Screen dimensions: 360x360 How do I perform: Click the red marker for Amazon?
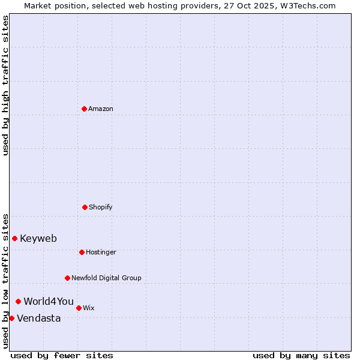tap(84, 109)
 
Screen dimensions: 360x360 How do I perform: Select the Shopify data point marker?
tap(85, 207)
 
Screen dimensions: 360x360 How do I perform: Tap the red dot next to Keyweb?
tap(14, 238)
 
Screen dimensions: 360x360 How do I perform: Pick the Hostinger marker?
tap(82, 252)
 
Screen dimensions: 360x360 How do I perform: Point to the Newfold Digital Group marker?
tap(67, 278)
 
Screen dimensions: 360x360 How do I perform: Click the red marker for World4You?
tap(19, 301)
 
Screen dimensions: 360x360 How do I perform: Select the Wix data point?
tap(79, 308)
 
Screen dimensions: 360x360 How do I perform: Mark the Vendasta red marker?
tap(12, 318)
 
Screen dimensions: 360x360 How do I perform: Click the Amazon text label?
tap(101, 109)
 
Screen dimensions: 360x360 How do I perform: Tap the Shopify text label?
tap(101, 207)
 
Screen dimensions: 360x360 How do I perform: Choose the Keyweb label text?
tap(38, 238)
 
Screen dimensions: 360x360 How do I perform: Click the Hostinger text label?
tap(101, 252)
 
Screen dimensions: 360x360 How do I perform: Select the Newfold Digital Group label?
tap(106, 278)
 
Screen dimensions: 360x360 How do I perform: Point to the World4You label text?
tap(49, 301)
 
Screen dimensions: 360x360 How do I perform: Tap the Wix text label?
tap(89, 308)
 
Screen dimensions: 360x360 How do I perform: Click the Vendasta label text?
tap(39, 318)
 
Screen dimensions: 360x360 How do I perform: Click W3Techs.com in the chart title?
tap(307, 5)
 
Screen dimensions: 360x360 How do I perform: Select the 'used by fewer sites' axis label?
tap(62, 355)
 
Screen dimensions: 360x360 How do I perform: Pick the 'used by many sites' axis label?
tap(301, 355)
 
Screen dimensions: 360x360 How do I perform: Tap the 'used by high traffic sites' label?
tap(5, 85)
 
